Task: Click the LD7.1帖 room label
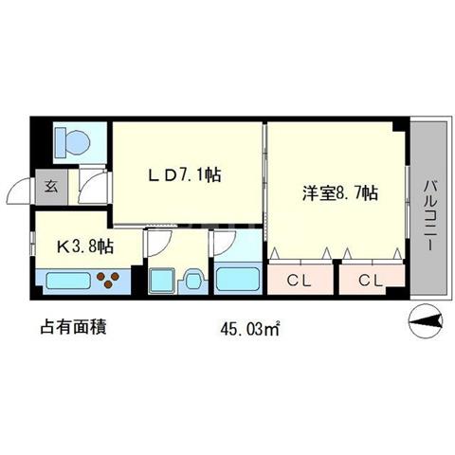coord(185,174)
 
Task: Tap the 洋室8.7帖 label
coord(340,192)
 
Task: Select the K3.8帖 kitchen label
coord(84,246)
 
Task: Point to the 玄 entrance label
coord(51,187)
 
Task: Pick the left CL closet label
coord(299,280)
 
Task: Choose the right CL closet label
coord(371,280)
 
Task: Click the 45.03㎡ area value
coord(250,329)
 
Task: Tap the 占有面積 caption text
coord(73,327)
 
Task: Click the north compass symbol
coord(426,321)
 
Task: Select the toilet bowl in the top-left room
coord(73,142)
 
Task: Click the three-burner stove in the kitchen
coord(108,280)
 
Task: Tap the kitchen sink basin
coord(68,281)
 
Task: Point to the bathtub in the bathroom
coord(238,279)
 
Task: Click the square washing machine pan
coord(161,281)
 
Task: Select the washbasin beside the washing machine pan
coord(193,281)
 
